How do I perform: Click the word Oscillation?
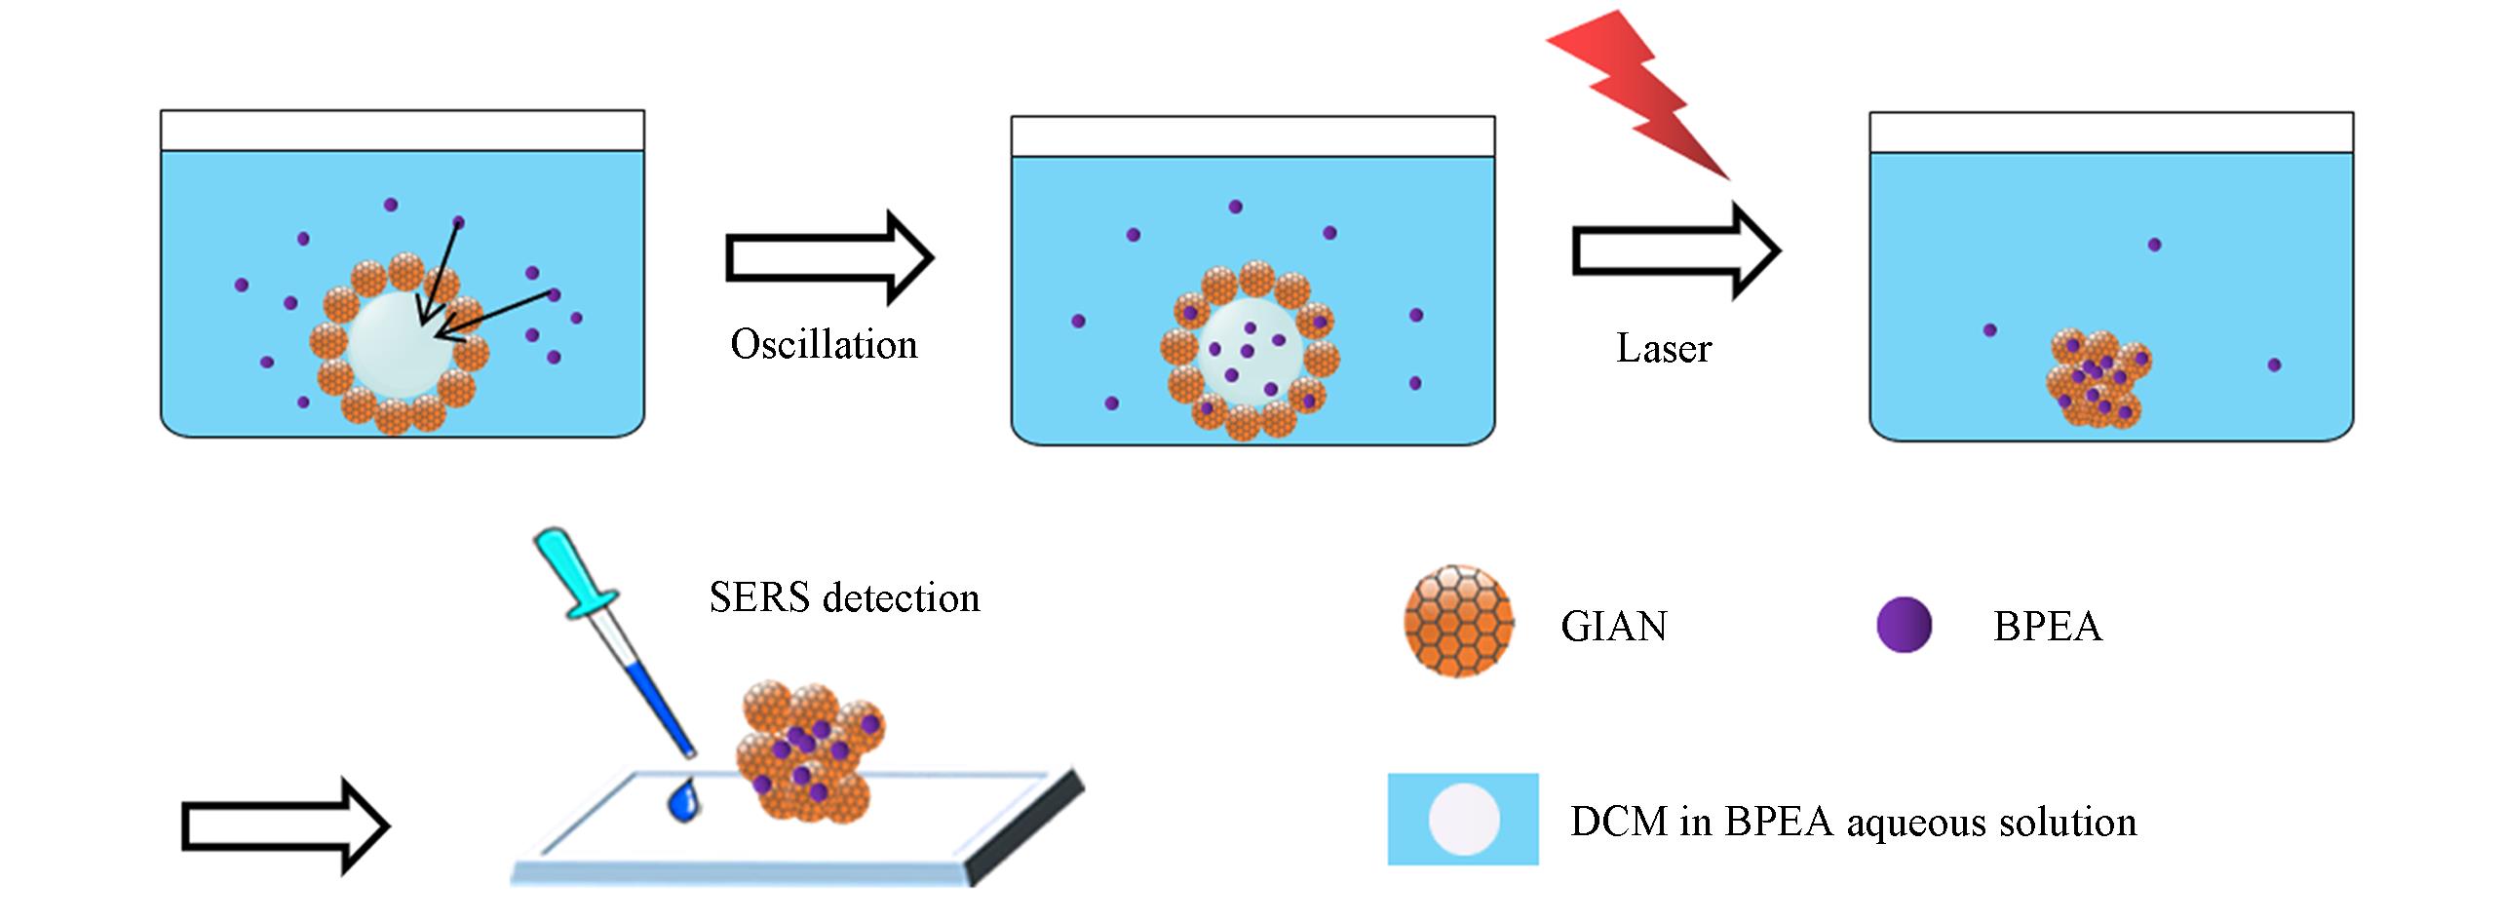coord(824,344)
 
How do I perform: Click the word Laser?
coord(1663,348)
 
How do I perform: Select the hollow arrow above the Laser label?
coord(1675,250)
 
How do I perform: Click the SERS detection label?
coord(844,597)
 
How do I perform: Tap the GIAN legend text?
coord(1614,626)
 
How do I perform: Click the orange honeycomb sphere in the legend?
coord(1458,621)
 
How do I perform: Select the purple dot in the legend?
coord(1904,625)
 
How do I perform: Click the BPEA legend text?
coord(2047,626)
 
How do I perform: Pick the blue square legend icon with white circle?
coord(1463,819)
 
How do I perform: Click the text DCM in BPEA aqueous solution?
coord(1853,822)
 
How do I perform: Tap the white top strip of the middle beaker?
coord(1252,136)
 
